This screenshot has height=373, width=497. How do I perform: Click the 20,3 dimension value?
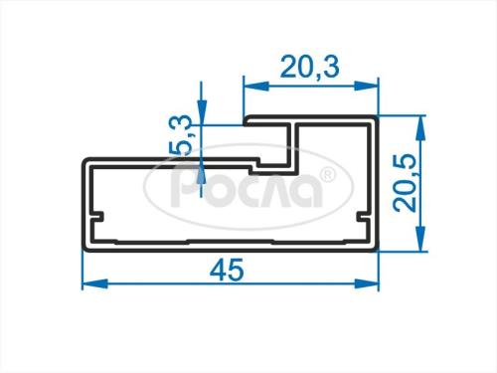coord(310,68)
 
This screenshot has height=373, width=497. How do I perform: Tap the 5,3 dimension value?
coord(182,134)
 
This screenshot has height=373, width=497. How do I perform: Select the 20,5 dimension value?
coord(405,183)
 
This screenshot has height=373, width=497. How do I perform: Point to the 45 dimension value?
coord(228,270)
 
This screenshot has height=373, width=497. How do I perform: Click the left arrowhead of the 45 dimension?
coord(94,284)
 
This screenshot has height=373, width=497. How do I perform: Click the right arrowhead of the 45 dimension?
coord(367,284)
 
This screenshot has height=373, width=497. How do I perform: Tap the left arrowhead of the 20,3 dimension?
coord(255,86)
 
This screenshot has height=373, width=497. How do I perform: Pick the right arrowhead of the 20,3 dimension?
coord(367,86)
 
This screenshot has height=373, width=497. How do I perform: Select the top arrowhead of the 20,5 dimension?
coord(420,128)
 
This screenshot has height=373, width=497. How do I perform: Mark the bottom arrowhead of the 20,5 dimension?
coord(420,239)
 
